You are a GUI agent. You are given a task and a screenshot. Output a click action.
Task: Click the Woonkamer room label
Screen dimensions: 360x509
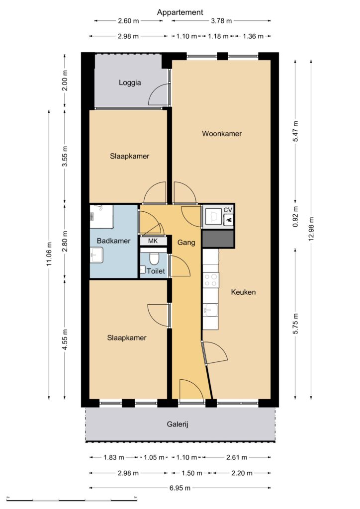222,133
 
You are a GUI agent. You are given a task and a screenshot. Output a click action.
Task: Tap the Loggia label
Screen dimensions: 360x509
130,83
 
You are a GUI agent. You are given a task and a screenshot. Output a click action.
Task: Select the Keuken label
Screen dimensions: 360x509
243,292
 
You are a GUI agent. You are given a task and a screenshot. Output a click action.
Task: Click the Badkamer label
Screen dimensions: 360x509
113,241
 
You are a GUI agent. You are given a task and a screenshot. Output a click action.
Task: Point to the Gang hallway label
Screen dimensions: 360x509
186,243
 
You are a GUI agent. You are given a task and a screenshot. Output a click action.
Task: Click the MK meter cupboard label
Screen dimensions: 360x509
153,241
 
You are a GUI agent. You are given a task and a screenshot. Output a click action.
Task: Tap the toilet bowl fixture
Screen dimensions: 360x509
154,258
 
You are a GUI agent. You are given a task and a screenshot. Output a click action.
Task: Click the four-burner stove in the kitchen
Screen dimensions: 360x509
211,280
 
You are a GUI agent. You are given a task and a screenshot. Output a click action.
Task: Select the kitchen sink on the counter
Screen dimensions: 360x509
211,311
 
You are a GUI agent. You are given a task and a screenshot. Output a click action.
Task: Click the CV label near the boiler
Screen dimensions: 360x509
228,210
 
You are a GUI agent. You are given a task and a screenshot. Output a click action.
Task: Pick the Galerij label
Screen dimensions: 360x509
178,424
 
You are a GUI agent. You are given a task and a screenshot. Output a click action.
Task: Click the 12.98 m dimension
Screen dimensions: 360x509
311,229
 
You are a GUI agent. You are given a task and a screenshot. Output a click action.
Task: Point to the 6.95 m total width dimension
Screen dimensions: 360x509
180,488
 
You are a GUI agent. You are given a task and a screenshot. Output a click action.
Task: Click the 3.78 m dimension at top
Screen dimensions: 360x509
221,21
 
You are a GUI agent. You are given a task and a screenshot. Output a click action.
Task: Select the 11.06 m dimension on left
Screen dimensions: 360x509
49,254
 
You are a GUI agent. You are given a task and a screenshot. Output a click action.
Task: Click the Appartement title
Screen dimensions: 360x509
180,12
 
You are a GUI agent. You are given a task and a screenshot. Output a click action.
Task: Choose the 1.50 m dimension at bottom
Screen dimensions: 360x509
192,473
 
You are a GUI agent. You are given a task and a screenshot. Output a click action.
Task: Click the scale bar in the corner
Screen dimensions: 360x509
72,499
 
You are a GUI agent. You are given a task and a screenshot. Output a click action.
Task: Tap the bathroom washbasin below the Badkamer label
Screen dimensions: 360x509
96,255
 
